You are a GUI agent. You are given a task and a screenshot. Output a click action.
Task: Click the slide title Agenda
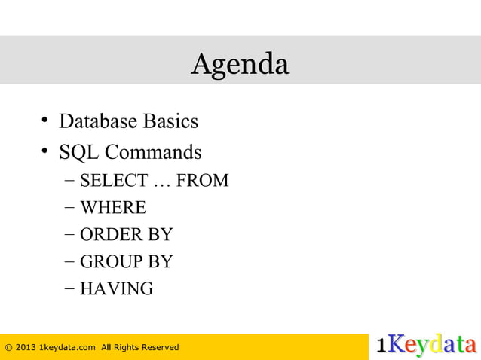pos(240,65)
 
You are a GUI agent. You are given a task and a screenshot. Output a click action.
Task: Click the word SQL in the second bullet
pos(78,153)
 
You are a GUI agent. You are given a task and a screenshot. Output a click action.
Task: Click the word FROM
pos(203,181)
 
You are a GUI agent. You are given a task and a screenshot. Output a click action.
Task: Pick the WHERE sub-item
pos(113,208)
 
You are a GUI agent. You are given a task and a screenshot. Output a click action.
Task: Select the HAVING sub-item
pos(116,289)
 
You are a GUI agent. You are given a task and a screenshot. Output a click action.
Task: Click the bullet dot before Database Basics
pos(46,121)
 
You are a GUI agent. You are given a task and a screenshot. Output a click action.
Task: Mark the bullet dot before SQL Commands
pos(46,152)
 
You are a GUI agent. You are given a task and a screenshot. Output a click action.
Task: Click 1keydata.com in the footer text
pos(67,347)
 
